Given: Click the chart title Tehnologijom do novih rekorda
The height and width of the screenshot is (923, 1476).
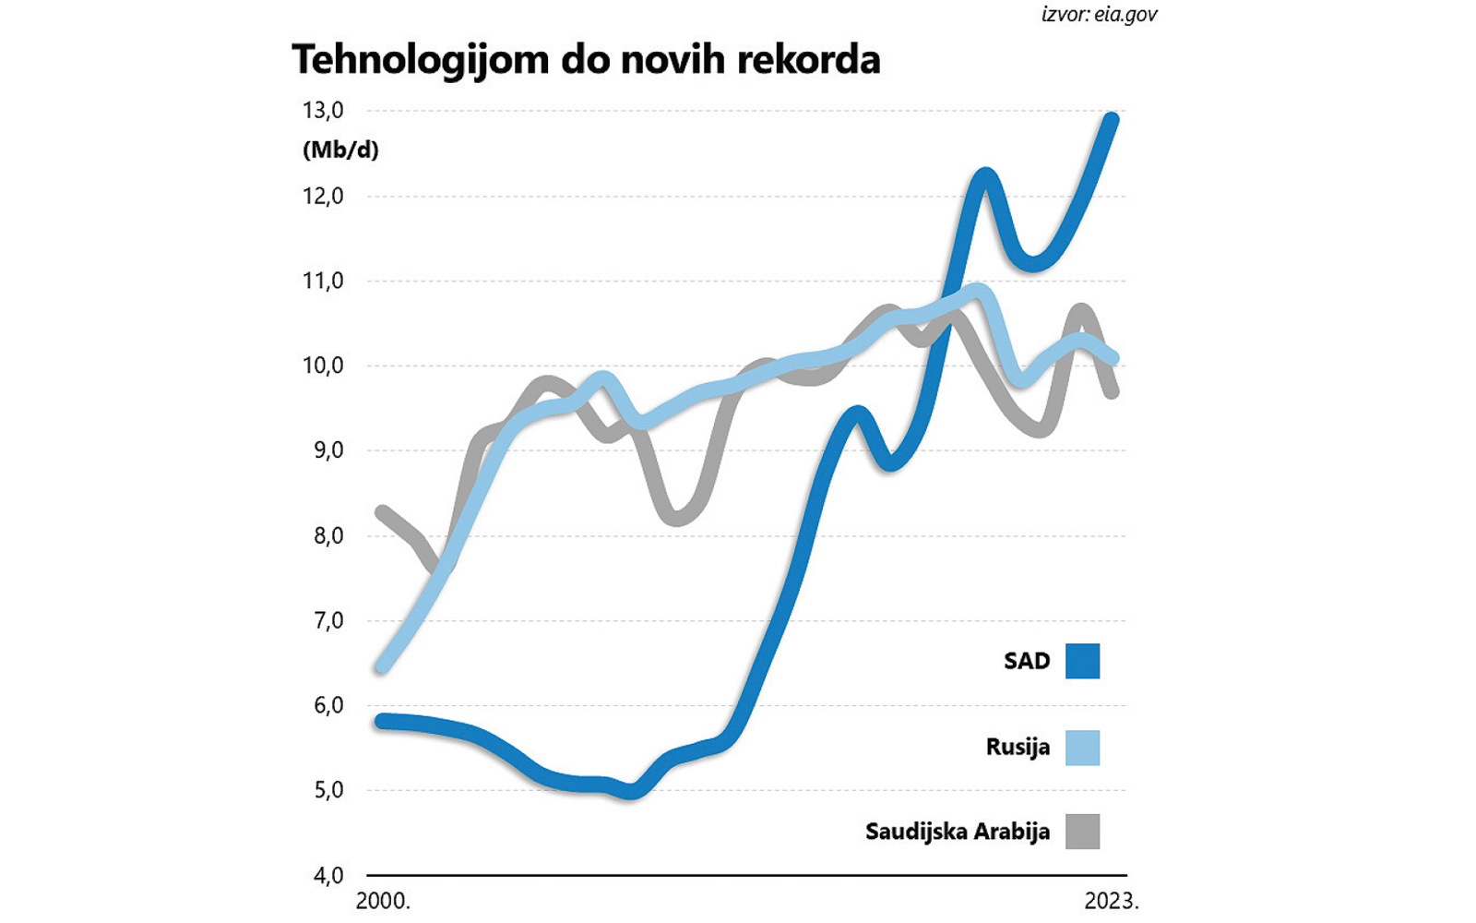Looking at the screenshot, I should [x=586, y=60].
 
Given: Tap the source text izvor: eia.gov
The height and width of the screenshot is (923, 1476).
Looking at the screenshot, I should [x=1099, y=15].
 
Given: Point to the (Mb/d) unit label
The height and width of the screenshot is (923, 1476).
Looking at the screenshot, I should [x=340, y=150].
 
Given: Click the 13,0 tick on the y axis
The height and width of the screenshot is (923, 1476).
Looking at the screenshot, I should [x=323, y=111].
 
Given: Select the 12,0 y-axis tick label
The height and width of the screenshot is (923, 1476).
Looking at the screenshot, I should [x=323, y=196].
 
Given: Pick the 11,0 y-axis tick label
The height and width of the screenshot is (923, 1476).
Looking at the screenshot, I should [x=323, y=281].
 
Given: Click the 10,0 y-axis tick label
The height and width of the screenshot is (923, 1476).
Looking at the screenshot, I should [x=323, y=366].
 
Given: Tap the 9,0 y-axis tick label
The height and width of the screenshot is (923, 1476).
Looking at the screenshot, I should [x=327, y=450].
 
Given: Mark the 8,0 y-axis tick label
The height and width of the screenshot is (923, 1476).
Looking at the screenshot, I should [x=327, y=535].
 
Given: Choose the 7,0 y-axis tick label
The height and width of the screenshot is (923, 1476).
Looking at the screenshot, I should [x=327, y=620].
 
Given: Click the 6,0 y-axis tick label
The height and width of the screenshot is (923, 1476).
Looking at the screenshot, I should [x=327, y=705].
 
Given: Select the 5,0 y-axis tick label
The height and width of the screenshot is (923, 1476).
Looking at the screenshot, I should [x=327, y=790].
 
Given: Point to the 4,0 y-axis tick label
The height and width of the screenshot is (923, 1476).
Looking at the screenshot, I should [x=327, y=875].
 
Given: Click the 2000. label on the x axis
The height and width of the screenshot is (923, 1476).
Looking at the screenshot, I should [x=383, y=901].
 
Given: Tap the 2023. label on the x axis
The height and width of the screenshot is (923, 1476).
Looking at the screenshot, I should [x=1112, y=901].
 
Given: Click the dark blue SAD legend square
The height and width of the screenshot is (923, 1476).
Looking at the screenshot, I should [x=1082, y=661].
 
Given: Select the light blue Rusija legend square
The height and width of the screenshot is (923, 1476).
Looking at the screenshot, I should [x=1082, y=747].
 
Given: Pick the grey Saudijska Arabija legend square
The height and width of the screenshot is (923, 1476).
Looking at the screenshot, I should [x=1082, y=831].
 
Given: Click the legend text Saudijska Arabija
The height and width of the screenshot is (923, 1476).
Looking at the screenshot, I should [x=957, y=832].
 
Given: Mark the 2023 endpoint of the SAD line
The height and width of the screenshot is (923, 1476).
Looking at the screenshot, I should [x=1113, y=119].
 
